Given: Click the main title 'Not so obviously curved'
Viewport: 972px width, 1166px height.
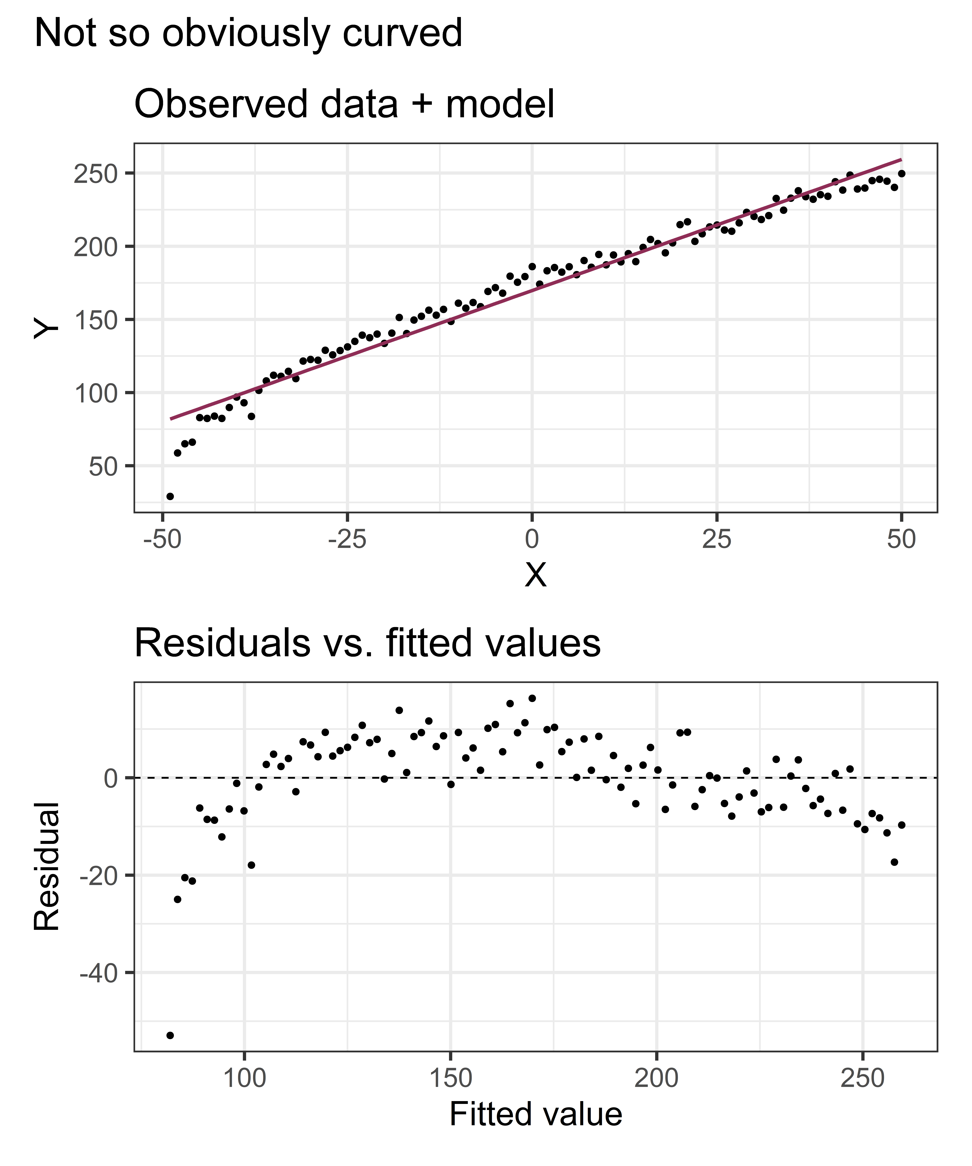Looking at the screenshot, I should tap(248, 33).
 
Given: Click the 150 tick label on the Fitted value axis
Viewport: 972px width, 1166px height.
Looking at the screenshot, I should tap(450, 1078).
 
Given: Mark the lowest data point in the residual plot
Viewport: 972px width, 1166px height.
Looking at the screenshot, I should tap(170, 1035).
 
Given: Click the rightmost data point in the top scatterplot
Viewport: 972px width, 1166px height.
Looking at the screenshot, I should tap(901, 174).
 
